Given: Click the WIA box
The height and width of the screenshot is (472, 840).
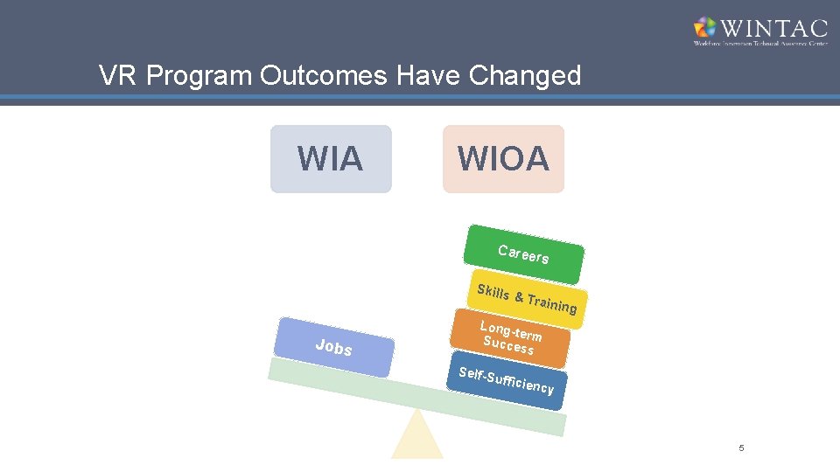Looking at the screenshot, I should [331, 159].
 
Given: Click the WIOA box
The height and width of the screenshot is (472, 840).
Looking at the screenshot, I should [503, 159].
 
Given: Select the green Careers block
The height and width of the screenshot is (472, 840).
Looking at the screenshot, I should [524, 254].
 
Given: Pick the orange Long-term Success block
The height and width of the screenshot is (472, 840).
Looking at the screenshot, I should [510, 338].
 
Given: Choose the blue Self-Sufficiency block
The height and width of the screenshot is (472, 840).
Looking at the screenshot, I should [507, 381].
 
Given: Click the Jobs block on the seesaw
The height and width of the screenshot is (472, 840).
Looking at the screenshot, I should [333, 348].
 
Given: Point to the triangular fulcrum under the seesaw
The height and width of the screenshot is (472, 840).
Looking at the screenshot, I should [417, 437].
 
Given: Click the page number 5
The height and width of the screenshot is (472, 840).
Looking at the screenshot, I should [741, 448].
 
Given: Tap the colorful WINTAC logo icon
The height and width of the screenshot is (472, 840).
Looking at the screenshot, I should [704, 29].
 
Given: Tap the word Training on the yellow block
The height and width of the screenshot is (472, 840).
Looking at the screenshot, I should [552, 303].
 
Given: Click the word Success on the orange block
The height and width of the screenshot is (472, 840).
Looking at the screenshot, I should [508, 345].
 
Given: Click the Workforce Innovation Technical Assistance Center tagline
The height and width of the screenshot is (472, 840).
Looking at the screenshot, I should [759, 43].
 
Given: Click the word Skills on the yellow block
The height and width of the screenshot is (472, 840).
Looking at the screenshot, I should [493, 291].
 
